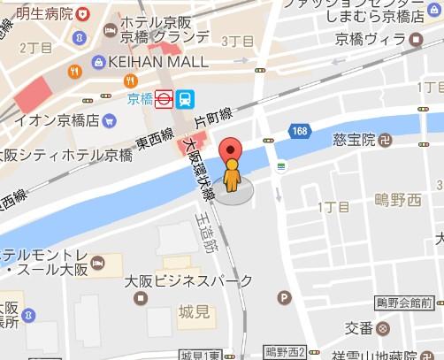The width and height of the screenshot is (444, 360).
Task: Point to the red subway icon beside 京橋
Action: tap(163, 99)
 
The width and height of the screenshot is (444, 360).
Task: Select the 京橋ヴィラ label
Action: tap(369, 40)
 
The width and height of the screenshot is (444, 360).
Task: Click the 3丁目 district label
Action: tap(237, 41)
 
